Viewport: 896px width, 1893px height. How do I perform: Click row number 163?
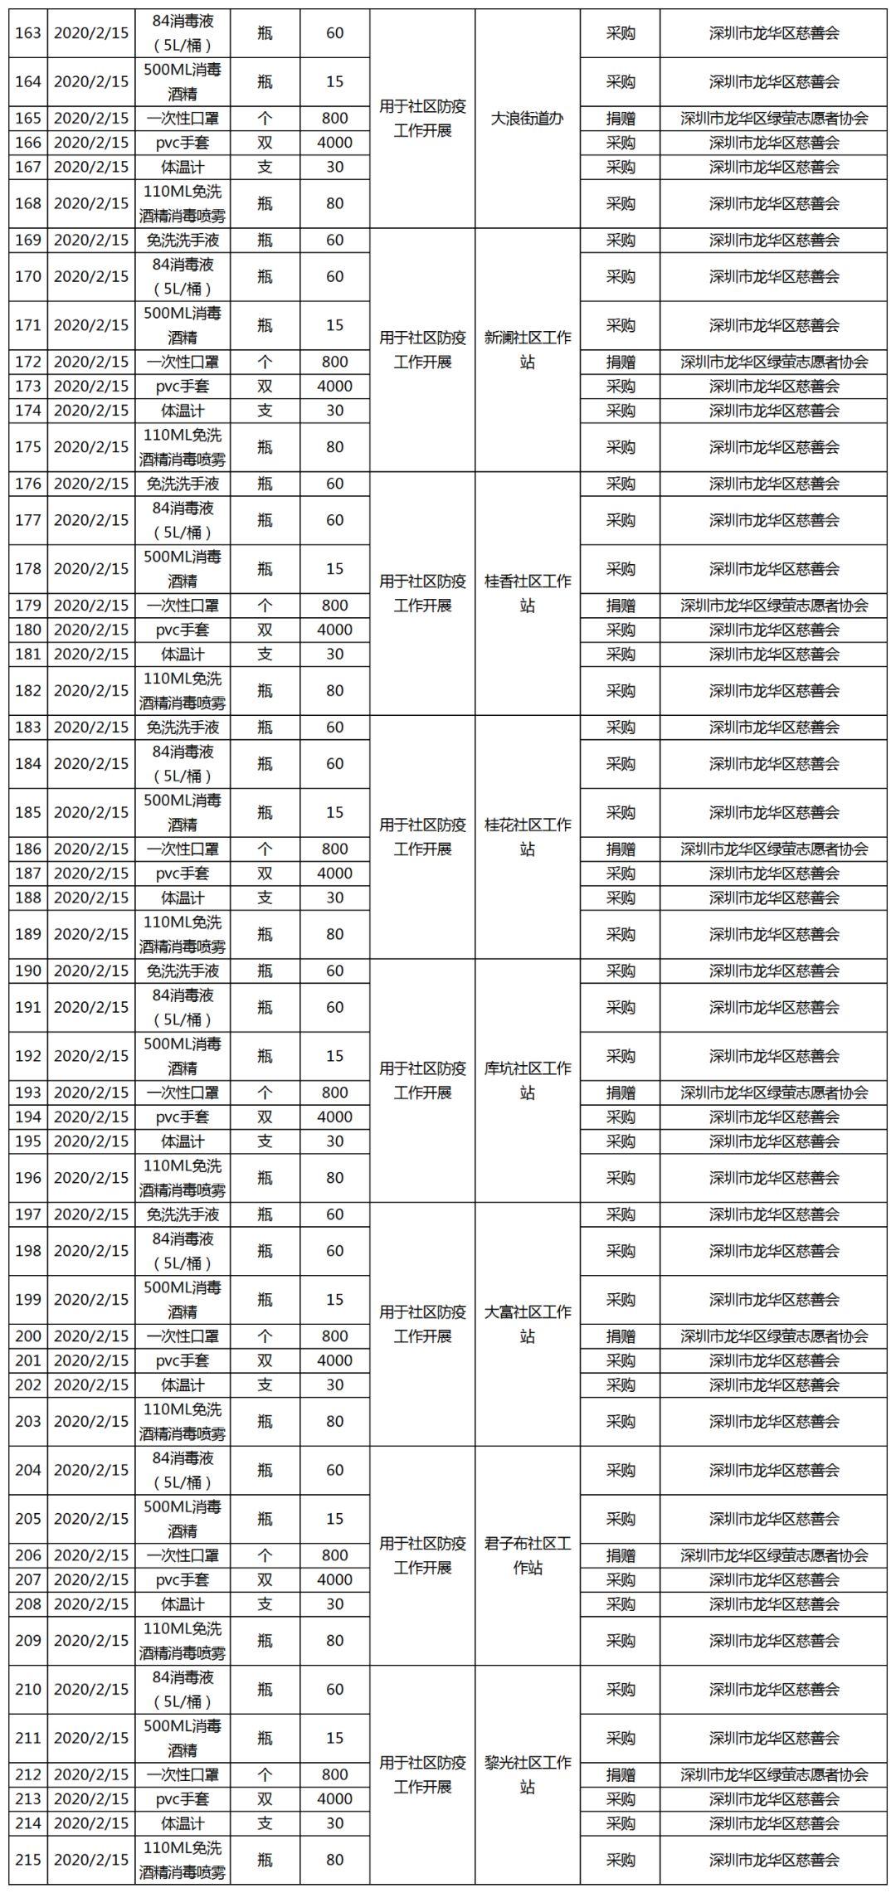(x=28, y=33)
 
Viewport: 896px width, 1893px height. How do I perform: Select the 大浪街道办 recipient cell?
(x=527, y=119)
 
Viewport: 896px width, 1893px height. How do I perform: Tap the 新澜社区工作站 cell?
(x=527, y=350)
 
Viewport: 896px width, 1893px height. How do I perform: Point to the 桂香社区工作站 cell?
(x=527, y=593)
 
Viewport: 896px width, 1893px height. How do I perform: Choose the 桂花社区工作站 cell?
(x=527, y=837)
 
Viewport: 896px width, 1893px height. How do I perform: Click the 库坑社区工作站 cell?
(x=527, y=1080)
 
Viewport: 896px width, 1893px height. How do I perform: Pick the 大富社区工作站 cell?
(x=527, y=1324)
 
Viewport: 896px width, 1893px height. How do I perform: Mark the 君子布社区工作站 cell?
(x=527, y=1555)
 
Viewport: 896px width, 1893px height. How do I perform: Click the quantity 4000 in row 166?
(x=334, y=143)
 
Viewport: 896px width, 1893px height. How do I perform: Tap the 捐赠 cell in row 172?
(x=621, y=362)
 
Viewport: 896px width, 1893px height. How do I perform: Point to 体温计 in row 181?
(x=183, y=654)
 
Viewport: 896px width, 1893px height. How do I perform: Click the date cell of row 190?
(x=91, y=971)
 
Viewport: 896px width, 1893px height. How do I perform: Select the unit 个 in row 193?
(x=265, y=1092)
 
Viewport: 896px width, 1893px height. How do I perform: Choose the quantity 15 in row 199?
(x=334, y=1299)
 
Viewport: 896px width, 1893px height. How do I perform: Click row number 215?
(x=28, y=1859)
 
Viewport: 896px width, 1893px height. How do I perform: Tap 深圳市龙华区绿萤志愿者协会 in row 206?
(x=774, y=1555)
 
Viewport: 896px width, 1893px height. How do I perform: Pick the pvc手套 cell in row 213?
(x=183, y=1798)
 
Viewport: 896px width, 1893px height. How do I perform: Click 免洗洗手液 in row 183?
(x=183, y=728)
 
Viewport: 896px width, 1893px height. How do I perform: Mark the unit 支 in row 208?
(x=265, y=1603)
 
